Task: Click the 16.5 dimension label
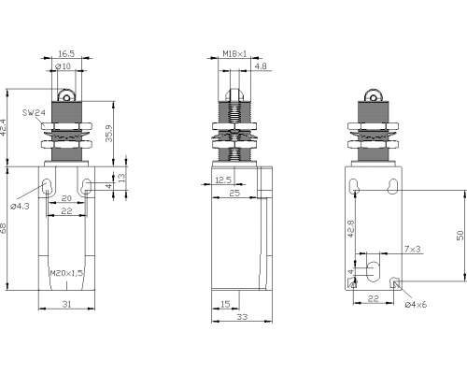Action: coord(66,53)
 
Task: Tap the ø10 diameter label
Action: coord(63,66)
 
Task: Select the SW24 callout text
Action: coord(34,112)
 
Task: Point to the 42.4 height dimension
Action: coord(3,127)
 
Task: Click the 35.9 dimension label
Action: coord(108,134)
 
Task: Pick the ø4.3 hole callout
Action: coord(20,206)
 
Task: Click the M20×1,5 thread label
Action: coord(66,273)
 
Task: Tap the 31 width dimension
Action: coord(66,304)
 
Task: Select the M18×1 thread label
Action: coord(234,53)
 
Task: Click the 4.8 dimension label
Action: coord(261,66)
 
